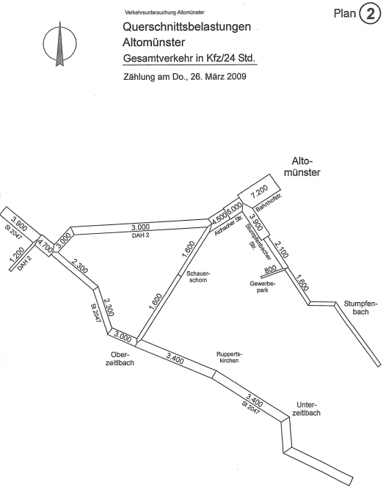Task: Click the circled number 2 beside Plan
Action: coord(370,14)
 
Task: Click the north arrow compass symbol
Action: coord(59,44)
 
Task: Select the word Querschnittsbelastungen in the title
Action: coord(186,27)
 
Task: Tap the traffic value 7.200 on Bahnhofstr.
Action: coord(260,191)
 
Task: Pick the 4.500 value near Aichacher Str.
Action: coord(219,218)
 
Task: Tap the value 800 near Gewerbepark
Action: coord(270,269)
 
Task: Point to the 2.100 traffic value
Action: coord(281,249)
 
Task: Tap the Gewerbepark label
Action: coord(262,287)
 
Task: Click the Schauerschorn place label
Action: coord(198,276)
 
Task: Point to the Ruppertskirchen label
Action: coord(229,357)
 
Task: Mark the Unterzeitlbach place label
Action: coord(306,409)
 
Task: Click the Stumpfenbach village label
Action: coord(360,308)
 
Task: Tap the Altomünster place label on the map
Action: coord(302,166)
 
